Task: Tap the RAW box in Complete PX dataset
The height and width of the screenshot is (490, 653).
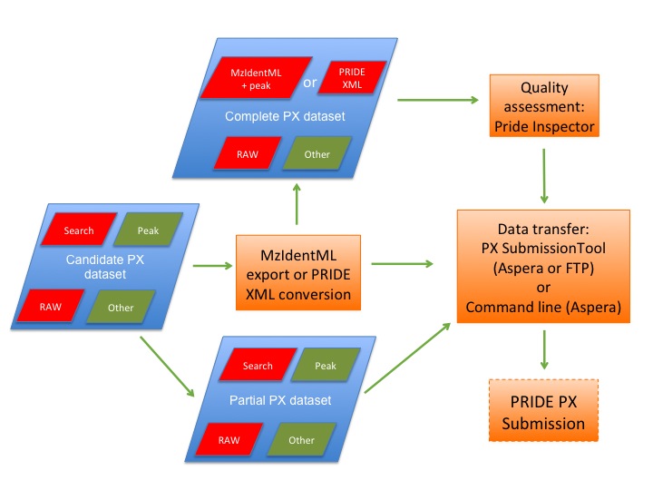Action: click(247, 153)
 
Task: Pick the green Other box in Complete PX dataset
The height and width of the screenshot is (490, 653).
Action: click(317, 153)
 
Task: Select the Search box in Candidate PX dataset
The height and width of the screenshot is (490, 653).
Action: click(79, 230)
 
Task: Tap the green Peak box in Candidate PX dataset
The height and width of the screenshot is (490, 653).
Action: click(148, 230)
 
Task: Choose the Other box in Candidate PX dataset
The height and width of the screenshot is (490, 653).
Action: click(121, 308)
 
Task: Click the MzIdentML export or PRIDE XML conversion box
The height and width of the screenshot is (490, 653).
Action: click(299, 269)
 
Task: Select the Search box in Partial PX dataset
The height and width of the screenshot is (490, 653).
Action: click(258, 366)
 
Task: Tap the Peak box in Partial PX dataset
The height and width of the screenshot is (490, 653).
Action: click(326, 366)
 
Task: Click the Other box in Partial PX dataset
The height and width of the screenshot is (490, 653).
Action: click(301, 440)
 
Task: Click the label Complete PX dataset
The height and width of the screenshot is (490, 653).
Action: click(286, 117)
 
